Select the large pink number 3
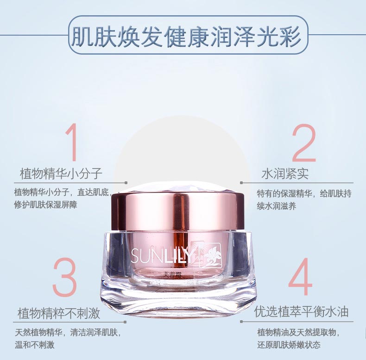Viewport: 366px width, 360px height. [64, 278]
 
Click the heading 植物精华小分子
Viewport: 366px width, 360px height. [60, 174]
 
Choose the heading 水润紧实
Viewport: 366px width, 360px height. [285, 174]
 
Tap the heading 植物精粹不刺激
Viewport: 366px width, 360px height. [59, 313]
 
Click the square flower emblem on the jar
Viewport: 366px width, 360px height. [210, 254]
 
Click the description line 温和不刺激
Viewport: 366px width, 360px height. [35, 345]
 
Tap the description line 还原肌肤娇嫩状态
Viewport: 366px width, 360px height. [289, 345]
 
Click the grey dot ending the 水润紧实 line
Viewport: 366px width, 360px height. [241, 183]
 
